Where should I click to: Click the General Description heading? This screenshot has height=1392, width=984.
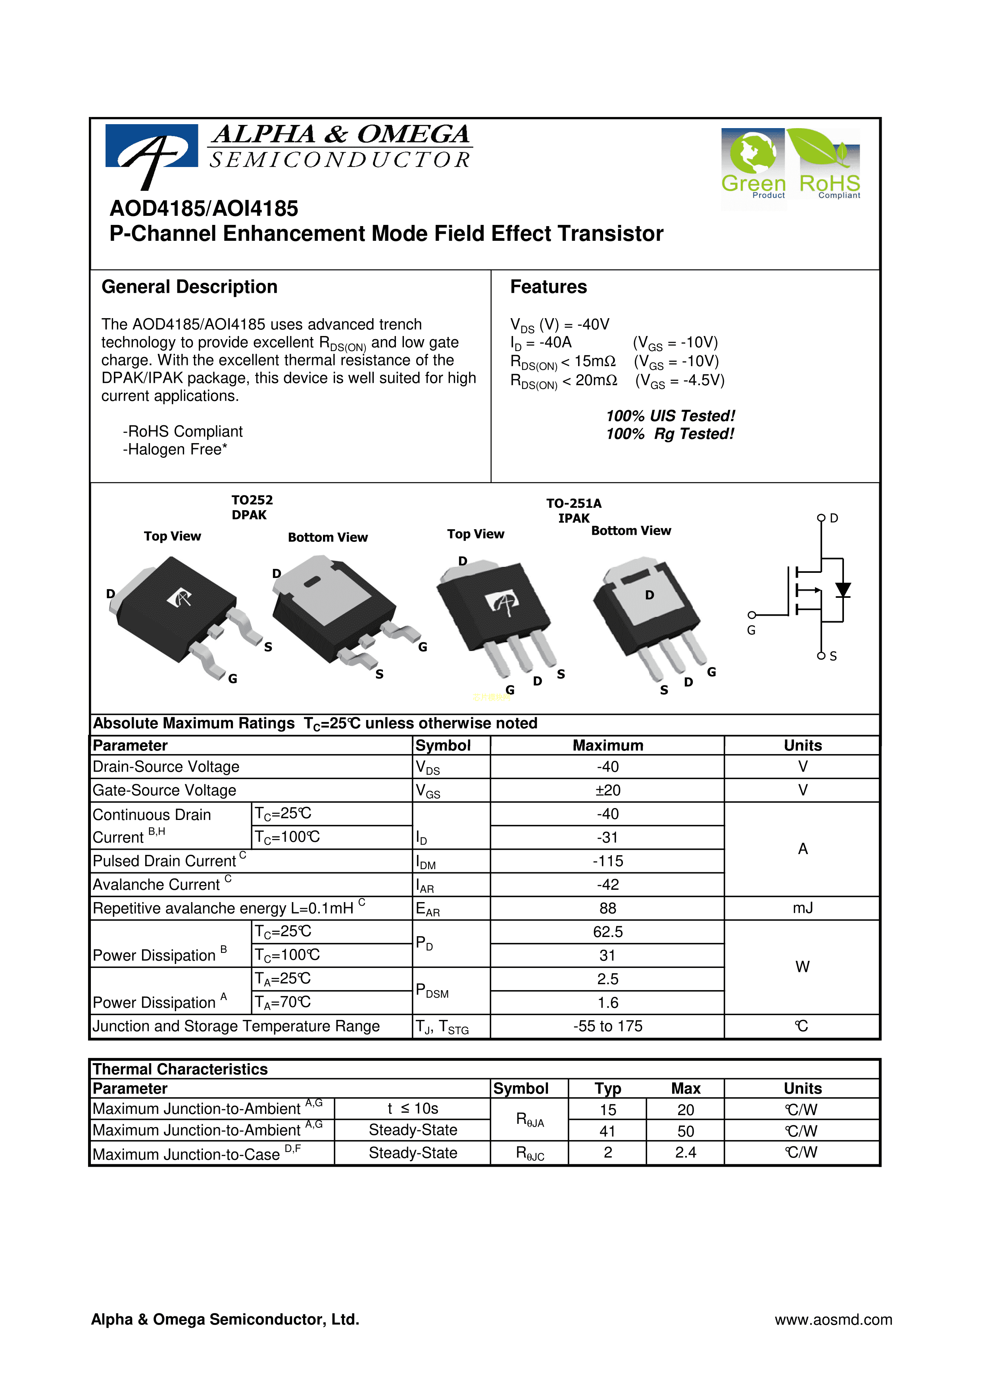189,287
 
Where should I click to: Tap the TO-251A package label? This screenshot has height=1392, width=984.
574,503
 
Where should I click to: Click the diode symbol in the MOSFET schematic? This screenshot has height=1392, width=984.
843,590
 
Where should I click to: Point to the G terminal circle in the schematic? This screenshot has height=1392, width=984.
752,615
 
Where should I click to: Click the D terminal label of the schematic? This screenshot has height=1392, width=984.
834,518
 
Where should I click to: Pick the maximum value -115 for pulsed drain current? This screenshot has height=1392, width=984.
607,861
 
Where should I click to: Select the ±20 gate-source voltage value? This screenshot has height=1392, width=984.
607,790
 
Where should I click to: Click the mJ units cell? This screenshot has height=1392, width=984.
802,908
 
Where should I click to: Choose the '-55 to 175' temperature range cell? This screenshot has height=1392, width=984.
607,1026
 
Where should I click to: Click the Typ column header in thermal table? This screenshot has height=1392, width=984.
607,1088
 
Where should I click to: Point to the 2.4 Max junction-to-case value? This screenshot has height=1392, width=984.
685,1152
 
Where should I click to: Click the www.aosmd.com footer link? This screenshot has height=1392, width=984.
833,1319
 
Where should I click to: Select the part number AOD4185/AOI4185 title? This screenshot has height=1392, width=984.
204,209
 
